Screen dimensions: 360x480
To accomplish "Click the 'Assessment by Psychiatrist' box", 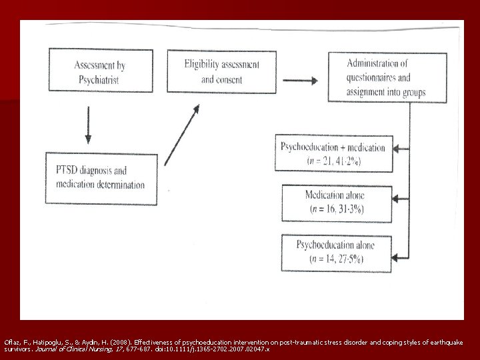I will point(101,71).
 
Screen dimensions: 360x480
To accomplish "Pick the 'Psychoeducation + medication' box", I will point(333,153).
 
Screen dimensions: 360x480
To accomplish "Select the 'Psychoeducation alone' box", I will point(335,251).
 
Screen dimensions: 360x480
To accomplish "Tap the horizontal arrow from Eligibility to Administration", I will point(298,82).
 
